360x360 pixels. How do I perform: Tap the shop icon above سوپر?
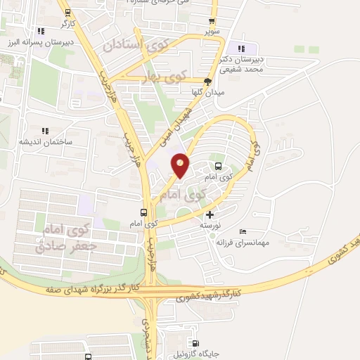212,21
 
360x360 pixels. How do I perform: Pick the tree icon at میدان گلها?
207,81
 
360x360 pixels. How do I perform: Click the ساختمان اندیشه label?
46,141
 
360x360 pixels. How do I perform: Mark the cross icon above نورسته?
209,214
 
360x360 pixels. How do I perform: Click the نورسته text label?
208,225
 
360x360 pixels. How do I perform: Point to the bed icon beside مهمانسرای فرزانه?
243,232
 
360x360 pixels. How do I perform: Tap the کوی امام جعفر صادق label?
64,237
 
